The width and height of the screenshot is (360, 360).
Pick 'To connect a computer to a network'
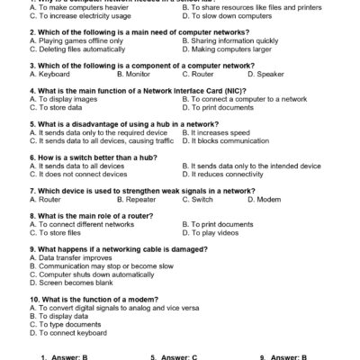coord(244,99)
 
